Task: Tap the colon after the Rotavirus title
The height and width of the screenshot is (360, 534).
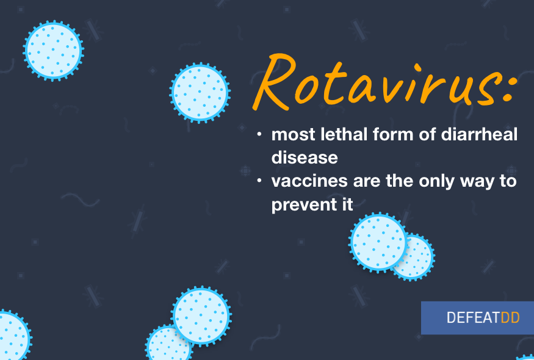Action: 510,88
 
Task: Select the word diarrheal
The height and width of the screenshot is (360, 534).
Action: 479,134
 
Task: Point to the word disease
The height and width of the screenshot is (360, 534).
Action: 305,157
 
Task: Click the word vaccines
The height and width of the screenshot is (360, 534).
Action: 309,181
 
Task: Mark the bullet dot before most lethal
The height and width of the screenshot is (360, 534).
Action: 259,134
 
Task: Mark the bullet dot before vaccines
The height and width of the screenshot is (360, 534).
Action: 259,181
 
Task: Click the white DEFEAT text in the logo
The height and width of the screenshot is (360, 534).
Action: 473,318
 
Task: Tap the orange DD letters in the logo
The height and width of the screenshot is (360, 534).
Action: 510,318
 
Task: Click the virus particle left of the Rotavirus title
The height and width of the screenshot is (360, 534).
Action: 200,93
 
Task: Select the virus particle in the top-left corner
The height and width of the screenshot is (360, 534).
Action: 54,51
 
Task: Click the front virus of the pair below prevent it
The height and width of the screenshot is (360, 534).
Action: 378,242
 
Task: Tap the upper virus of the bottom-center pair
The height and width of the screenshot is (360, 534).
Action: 201,315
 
